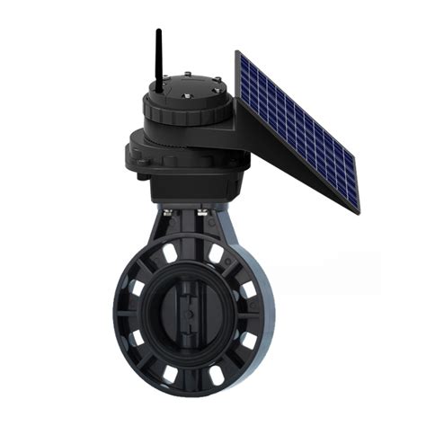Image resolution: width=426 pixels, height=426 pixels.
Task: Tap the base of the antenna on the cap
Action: tap(158, 90)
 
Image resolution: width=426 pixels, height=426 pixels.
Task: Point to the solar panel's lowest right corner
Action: tap(357, 212)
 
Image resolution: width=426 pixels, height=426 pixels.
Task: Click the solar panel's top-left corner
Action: tap(238, 52)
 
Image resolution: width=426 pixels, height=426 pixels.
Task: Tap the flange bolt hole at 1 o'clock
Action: tap(217, 254)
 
